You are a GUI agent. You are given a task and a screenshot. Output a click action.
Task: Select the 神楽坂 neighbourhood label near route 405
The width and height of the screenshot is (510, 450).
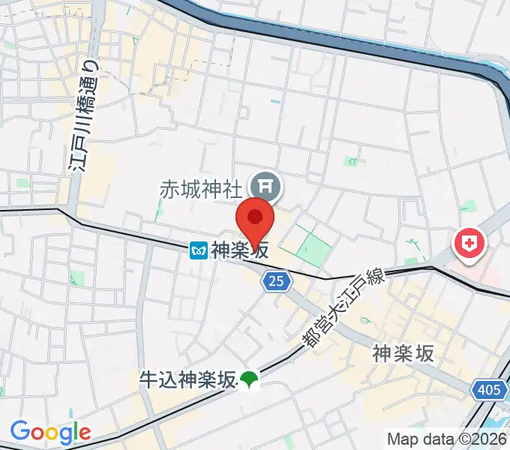(403, 353)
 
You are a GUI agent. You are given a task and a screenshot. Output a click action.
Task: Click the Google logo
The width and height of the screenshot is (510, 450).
(50, 431)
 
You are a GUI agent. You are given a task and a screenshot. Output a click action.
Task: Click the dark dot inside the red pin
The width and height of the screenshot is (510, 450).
(255, 217)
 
